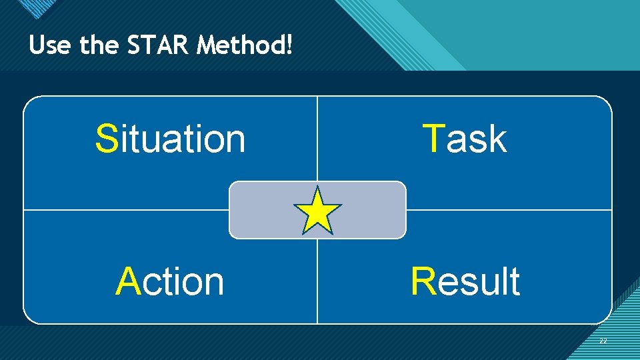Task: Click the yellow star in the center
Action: [x=317, y=211]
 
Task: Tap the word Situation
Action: [x=171, y=139]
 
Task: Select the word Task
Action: [x=465, y=139]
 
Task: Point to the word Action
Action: [x=171, y=281]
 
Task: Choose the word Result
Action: [x=465, y=281]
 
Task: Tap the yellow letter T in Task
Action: [x=434, y=139]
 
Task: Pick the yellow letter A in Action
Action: [x=127, y=281]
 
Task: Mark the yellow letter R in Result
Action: [x=423, y=281]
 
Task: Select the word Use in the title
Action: [x=51, y=45]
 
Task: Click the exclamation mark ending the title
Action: [x=289, y=45]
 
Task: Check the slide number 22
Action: [x=603, y=341]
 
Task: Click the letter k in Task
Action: [x=497, y=139]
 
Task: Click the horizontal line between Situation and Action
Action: [x=127, y=210]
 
